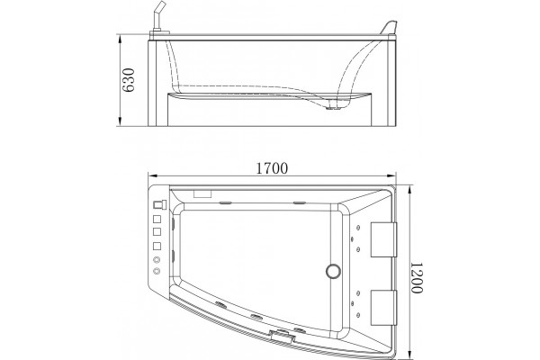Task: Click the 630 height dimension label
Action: tap(129, 80)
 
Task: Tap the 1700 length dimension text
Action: tap(272, 168)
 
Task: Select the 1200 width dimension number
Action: tap(417, 278)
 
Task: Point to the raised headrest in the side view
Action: tap(389, 28)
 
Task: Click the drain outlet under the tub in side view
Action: tap(331, 108)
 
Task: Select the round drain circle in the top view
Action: tap(333, 271)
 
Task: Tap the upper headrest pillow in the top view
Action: tap(383, 239)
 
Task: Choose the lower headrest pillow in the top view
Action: tap(383, 308)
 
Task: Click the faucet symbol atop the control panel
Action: tap(159, 204)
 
